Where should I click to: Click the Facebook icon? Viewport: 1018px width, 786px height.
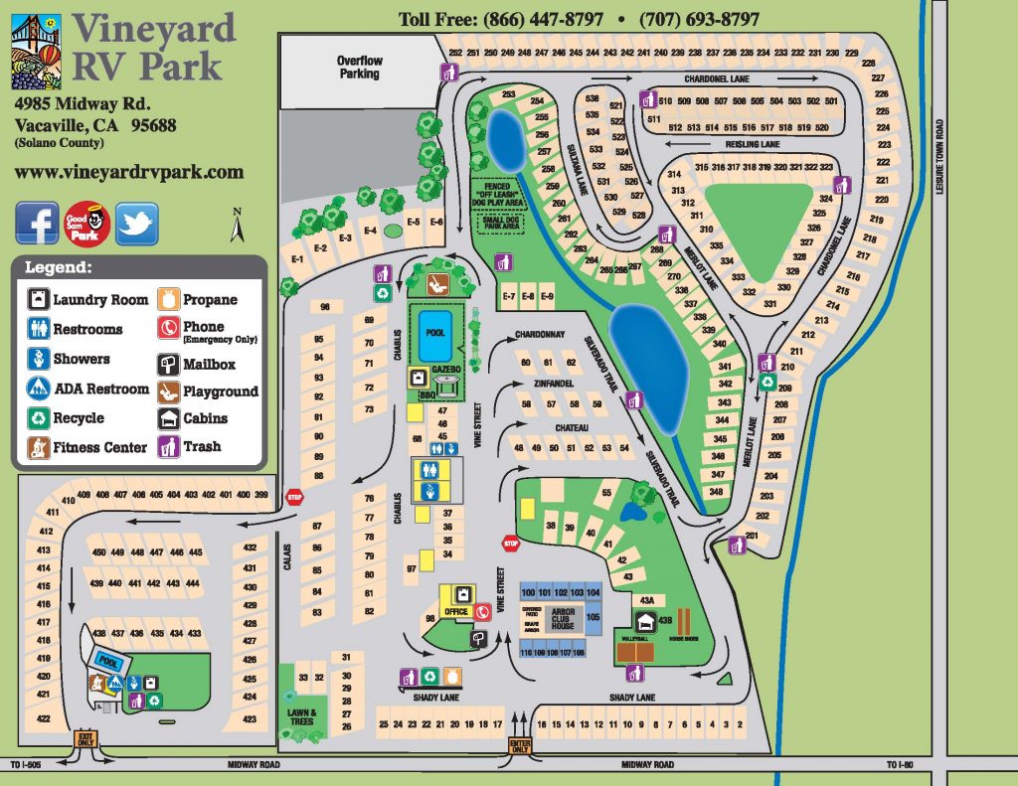[x=37, y=223]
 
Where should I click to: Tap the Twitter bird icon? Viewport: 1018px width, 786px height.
[x=136, y=223]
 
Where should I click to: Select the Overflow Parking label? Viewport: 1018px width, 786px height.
[x=359, y=67]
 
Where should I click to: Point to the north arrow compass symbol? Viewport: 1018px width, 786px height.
[x=237, y=225]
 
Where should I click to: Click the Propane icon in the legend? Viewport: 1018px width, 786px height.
[x=167, y=299]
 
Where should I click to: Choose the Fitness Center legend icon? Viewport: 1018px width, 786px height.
[x=39, y=447]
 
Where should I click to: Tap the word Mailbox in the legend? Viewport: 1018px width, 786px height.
[x=209, y=365]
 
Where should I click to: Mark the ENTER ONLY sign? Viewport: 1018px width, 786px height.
[x=519, y=745]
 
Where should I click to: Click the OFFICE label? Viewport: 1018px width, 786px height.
[x=456, y=611]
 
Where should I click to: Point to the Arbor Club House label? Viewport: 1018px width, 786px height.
[x=563, y=619]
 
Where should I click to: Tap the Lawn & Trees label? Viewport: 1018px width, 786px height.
[x=302, y=716]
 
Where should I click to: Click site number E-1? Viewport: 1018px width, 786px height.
[x=296, y=259]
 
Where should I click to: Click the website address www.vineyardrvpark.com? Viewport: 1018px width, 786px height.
[x=129, y=171]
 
